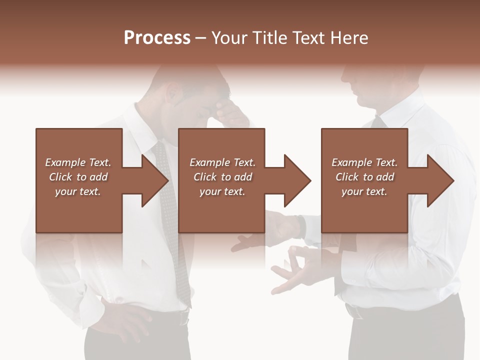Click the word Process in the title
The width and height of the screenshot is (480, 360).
tap(157, 38)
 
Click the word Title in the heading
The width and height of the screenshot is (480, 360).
tap(270, 38)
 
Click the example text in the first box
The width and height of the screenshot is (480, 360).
tap(78, 177)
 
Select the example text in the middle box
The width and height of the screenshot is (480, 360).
tap(222, 177)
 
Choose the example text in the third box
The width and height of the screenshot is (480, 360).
tap(364, 177)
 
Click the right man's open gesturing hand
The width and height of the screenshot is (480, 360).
tap(295, 270)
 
